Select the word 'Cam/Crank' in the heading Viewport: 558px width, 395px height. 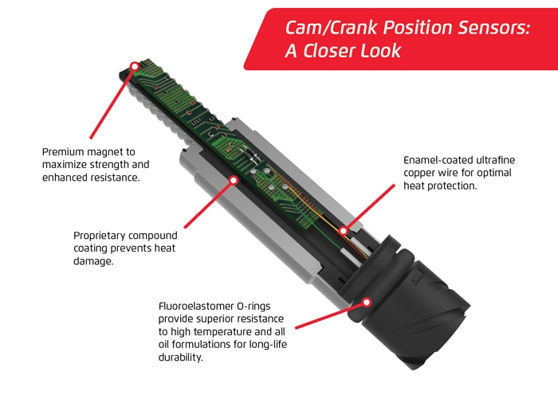[x=331, y=28]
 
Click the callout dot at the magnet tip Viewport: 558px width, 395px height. [x=135, y=66]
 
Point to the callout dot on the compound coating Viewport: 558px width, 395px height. [x=234, y=181]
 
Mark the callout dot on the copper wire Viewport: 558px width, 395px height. [x=343, y=231]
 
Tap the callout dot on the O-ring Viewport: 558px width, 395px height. [x=367, y=303]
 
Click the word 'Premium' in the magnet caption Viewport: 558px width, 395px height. [x=63, y=152]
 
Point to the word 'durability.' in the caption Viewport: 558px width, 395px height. [x=180, y=358]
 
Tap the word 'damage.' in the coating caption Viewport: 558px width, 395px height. [x=93, y=262]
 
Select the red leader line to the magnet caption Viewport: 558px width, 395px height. [x=112, y=103]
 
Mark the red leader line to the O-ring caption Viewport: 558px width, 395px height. [x=329, y=315]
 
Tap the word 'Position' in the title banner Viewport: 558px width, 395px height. [x=417, y=27]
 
